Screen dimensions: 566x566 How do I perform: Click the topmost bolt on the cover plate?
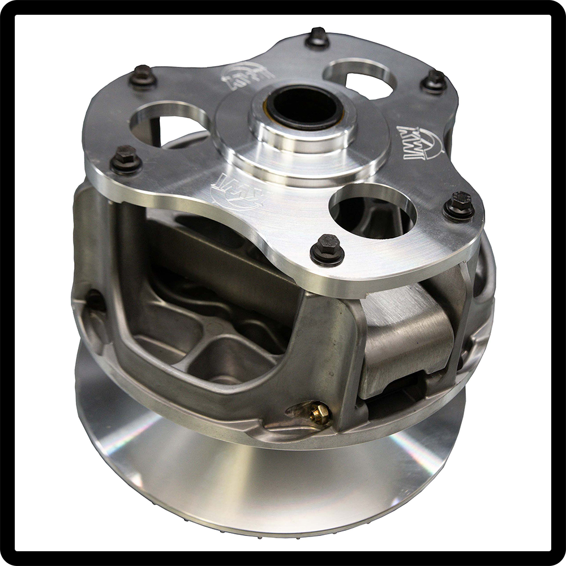(318, 38)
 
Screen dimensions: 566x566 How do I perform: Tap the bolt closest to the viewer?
(327, 250)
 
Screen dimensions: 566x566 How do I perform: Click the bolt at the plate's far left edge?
(126, 160)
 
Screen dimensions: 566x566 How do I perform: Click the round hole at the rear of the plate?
(360, 78)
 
